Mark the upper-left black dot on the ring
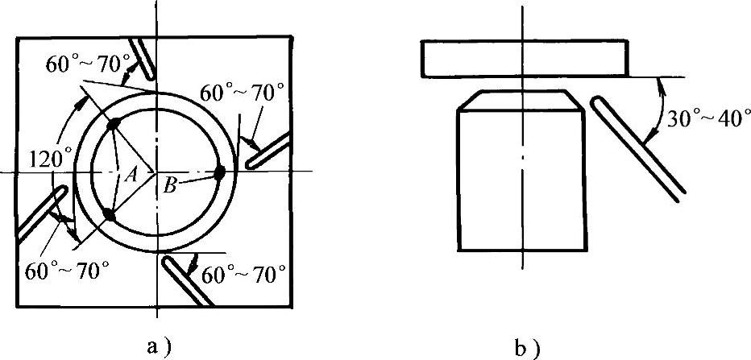pyautogui.click(x=114, y=122)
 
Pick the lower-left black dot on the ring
pyautogui.click(x=108, y=214)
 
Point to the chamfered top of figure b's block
pyautogui.click(x=522, y=100)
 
